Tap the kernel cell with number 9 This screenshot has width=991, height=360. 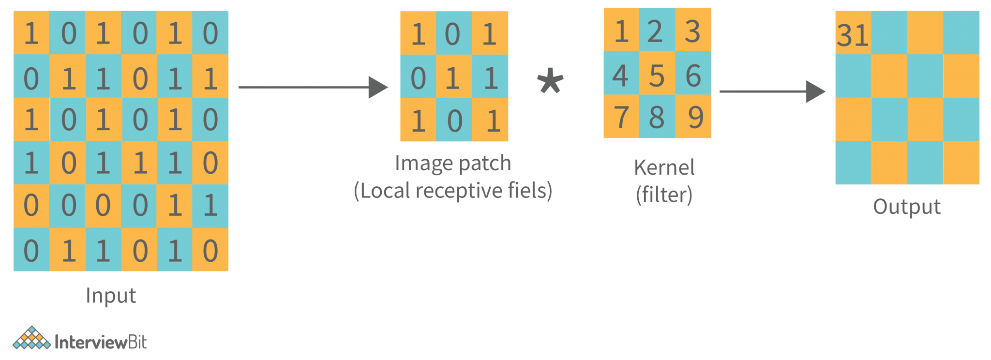click(x=693, y=117)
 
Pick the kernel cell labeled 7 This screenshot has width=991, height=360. click(x=621, y=117)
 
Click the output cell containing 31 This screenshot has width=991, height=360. click(x=853, y=33)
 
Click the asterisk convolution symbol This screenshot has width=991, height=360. click(x=550, y=81)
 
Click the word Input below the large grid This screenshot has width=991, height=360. click(x=111, y=296)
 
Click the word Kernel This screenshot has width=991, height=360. click(x=664, y=168)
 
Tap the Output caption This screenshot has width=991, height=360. click(x=906, y=207)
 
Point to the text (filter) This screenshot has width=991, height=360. click(x=664, y=195)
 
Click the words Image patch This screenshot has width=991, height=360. click(x=452, y=164)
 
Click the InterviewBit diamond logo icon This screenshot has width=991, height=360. click(x=31, y=338)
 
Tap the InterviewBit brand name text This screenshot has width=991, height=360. click(x=101, y=343)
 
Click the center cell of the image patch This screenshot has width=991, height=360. click(x=453, y=76)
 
